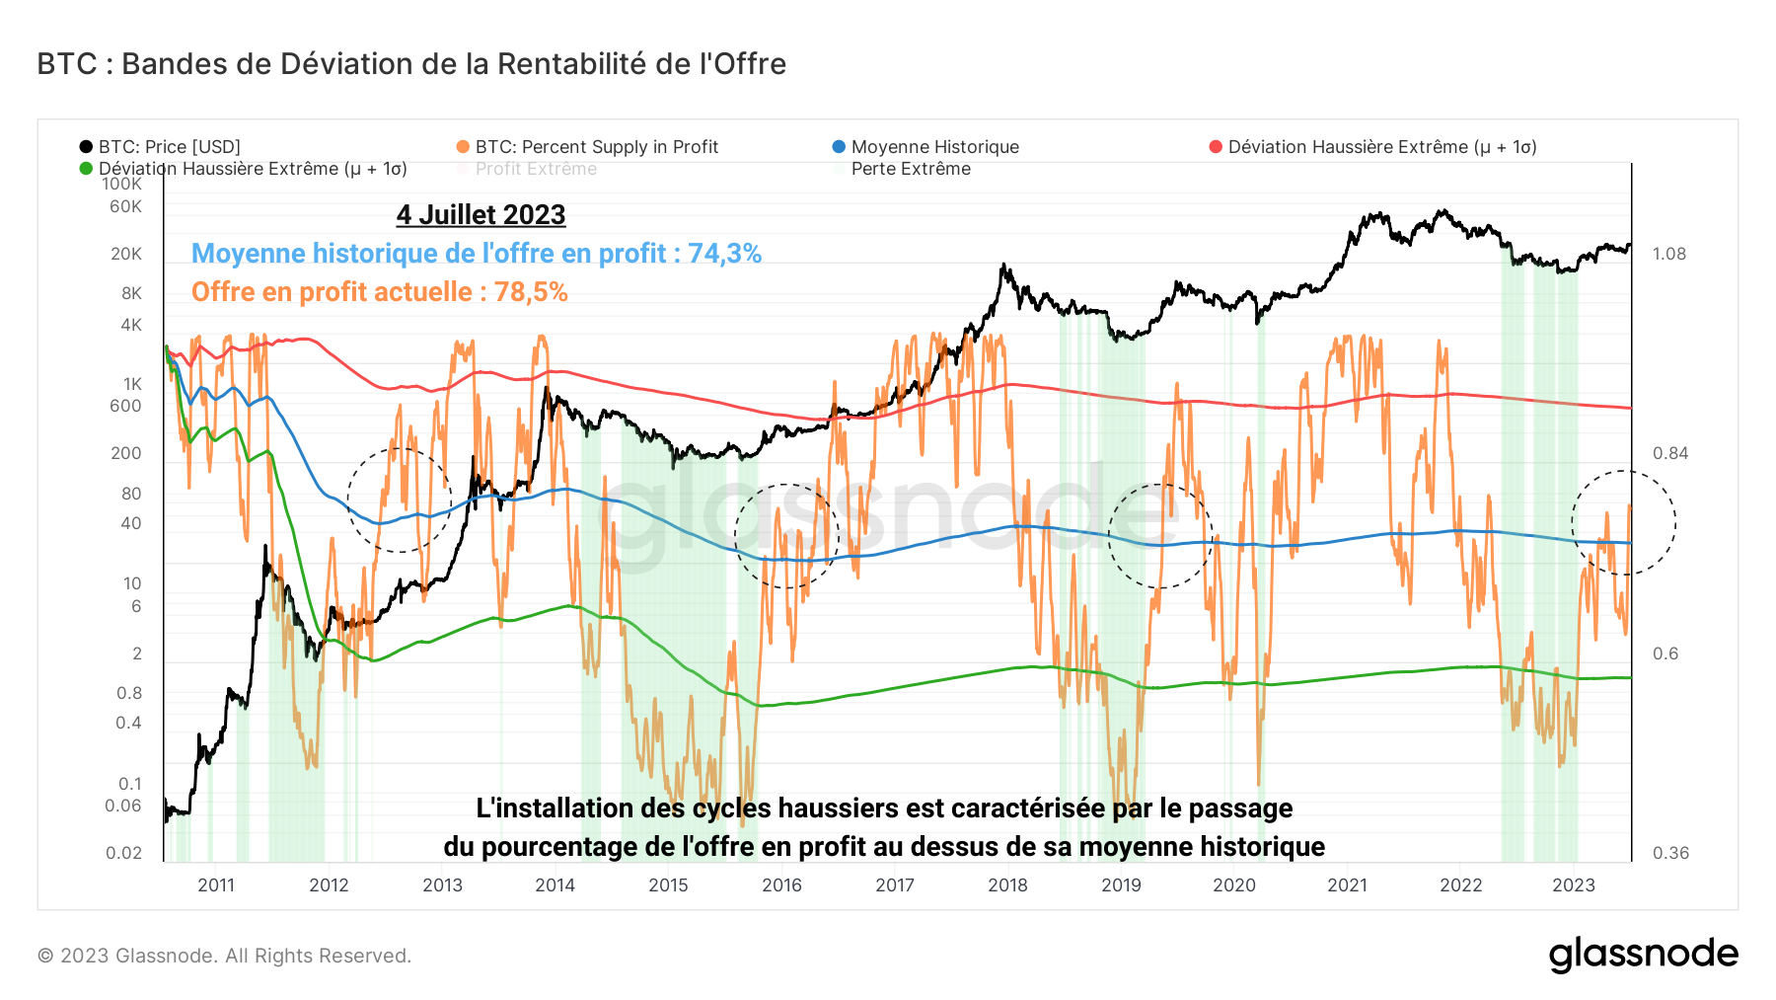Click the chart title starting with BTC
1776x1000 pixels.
(411, 64)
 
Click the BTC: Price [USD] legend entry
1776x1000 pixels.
(168, 147)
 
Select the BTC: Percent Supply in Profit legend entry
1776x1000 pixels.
(595, 147)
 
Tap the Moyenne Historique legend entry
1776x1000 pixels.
(933, 147)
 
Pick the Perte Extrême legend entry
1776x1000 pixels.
(910, 169)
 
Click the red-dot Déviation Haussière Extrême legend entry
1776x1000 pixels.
(1381, 147)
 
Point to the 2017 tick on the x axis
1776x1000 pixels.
(895, 885)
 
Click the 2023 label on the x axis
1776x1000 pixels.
(1574, 885)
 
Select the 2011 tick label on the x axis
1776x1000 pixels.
(216, 885)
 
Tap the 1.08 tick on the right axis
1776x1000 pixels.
(1669, 254)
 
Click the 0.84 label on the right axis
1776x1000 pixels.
(1669, 453)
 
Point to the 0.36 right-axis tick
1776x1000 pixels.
(1669, 853)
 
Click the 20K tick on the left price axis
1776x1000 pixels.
(126, 254)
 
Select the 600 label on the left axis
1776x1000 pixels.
(125, 406)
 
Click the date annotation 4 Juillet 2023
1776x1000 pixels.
(481, 215)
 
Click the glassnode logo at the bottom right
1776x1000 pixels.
(1643, 955)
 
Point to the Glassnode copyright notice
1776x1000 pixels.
(224, 956)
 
